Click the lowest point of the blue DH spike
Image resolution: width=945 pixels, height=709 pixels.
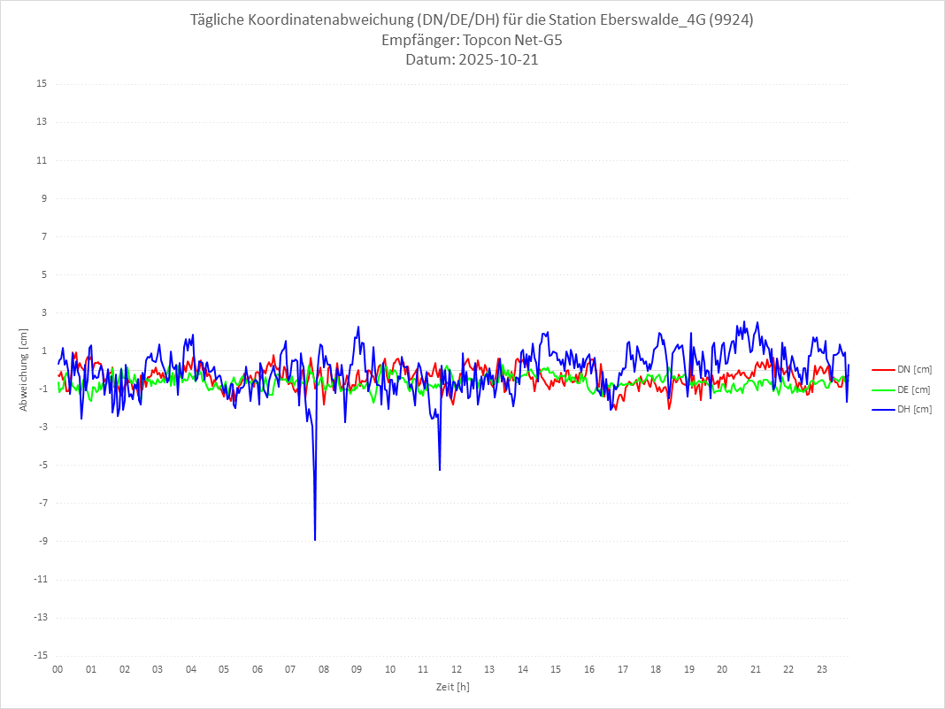[x=315, y=539]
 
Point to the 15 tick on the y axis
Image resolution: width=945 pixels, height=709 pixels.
[x=42, y=84]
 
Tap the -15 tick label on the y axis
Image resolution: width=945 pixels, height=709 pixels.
[x=40, y=655]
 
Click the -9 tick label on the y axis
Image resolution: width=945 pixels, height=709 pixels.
[x=42, y=541]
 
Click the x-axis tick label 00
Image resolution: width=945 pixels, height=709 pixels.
[x=58, y=669]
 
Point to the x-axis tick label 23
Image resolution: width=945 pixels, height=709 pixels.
[x=822, y=669]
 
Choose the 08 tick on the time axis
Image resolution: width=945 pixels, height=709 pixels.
[x=324, y=669]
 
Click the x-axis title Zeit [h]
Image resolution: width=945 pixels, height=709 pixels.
[x=453, y=687]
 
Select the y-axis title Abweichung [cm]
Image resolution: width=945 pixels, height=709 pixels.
[x=24, y=369]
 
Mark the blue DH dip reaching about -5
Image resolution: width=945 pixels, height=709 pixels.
[x=440, y=469]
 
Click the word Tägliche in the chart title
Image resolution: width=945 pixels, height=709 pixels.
[x=219, y=20]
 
